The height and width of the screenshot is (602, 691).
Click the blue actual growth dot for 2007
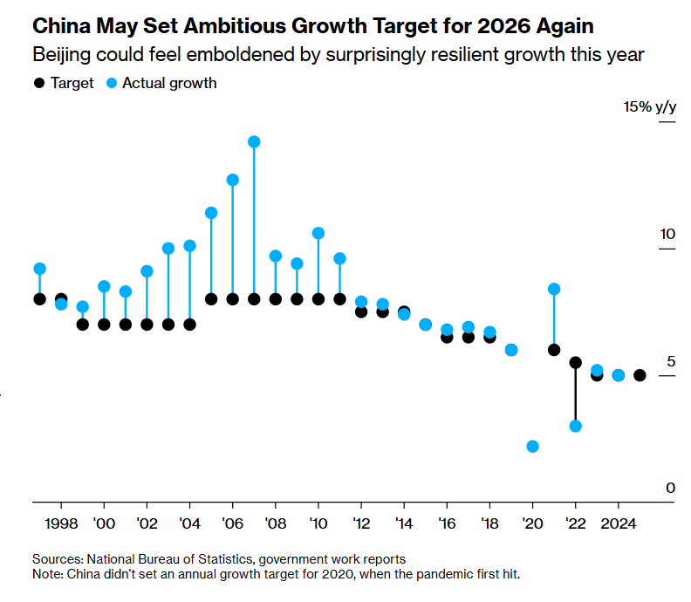click(254, 141)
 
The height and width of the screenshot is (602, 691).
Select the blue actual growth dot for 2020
click(532, 446)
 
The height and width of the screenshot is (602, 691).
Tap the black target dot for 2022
click(575, 362)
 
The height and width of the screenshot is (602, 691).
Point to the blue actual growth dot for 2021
click(554, 289)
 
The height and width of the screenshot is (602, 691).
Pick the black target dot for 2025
click(640, 375)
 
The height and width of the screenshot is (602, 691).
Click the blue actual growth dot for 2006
click(233, 180)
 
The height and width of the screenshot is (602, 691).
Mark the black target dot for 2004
click(190, 325)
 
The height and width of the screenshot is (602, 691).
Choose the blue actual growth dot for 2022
click(575, 426)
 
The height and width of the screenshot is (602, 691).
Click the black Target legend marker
click(38, 84)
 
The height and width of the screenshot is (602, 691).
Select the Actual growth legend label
click(169, 84)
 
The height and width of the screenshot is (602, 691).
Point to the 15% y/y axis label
click(649, 107)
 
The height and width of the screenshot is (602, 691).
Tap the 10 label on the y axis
click(667, 235)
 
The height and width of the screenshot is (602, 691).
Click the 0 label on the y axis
click(670, 488)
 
